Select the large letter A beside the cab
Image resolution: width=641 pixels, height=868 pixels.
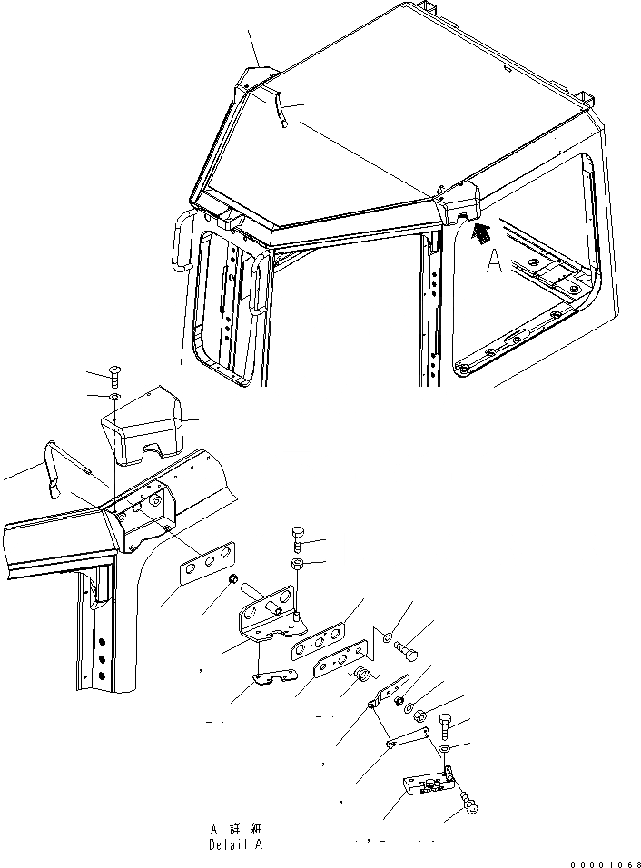(494, 262)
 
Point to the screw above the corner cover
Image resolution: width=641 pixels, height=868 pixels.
(114, 372)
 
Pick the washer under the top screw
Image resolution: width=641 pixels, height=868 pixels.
(113, 397)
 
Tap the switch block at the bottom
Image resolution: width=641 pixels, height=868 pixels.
(425, 785)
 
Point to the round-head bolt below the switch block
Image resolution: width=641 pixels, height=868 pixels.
(469, 804)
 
